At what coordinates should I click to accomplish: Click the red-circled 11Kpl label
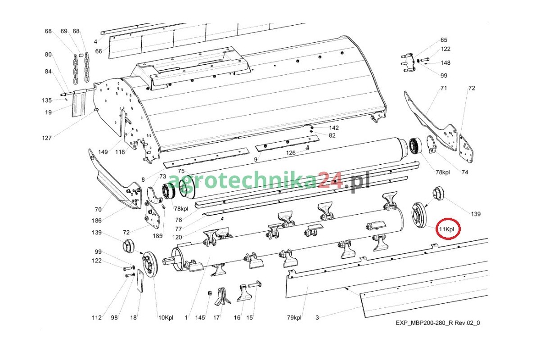click(447, 229)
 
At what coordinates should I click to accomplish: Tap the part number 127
click(46, 138)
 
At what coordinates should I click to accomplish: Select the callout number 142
click(334, 128)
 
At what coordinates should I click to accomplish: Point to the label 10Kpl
click(166, 318)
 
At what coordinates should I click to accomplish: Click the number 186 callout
click(97, 220)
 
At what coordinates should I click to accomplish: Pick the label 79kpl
click(294, 317)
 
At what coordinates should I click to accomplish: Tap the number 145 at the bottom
click(200, 318)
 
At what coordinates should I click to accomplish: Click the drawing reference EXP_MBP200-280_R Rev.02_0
click(438, 323)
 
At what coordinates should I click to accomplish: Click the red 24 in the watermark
click(330, 181)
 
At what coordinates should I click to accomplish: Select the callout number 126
click(291, 153)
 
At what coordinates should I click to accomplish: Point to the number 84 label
click(48, 72)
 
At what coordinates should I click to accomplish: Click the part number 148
click(445, 63)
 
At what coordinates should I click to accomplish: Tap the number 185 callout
click(157, 236)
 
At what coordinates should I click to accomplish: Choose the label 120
click(177, 237)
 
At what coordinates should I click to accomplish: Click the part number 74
click(465, 172)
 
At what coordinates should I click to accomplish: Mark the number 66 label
click(99, 51)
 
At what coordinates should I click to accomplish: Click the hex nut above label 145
click(210, 293)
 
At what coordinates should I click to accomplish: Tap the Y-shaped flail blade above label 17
click(222, 297)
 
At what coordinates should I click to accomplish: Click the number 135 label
click(47, 100)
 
